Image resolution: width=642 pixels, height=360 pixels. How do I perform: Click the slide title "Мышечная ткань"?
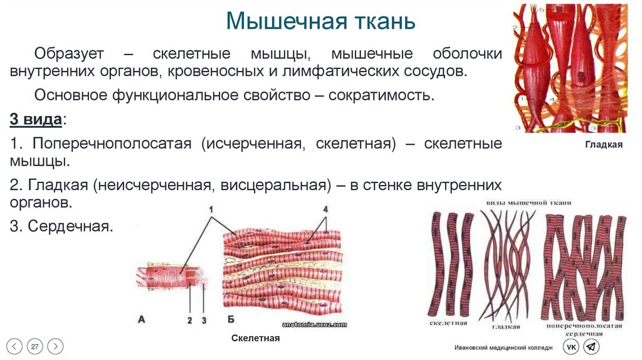click(x=320, y=20)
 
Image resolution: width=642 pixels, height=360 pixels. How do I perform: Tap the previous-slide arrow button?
click(x=15, y=346)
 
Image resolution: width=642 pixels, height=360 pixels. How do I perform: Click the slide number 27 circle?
click(x=35, y=346)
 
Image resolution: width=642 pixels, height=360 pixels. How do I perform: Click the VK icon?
click(x=571, y=347)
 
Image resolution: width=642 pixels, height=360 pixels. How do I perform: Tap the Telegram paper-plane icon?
click(x=591, y=347)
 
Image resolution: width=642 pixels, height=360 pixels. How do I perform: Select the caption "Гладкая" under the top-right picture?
click(x=604, y=145)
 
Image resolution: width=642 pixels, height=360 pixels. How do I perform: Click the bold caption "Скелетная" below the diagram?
click(x=255, y=338)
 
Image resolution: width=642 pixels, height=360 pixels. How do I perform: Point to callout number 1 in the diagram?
click(x=211, y=209)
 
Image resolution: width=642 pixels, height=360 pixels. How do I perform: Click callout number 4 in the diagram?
click(x=325, y=209)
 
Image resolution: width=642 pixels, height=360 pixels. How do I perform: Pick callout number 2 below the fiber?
click(x=189, y=320)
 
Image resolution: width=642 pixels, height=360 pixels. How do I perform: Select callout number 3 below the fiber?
click(x=204, y=320)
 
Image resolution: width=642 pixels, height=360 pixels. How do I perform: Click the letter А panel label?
click(x=141, y=320)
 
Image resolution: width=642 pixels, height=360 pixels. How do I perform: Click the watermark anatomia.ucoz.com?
click(x=314, y=324)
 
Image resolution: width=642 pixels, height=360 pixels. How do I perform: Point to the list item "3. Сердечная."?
click(x=61, y=226)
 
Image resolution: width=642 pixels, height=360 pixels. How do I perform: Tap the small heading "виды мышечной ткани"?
click(x=531, y=203)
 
